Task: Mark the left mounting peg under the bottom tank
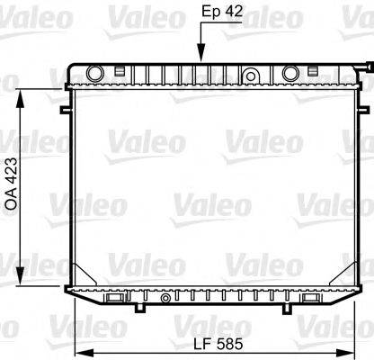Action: (x=139, y=308)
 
